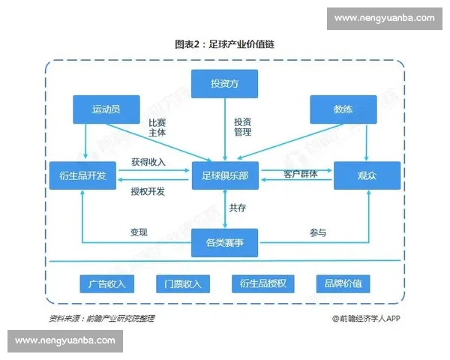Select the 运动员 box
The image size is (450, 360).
click(106, 109)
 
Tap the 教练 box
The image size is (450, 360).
click(343, 109)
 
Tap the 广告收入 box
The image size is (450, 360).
click(106, 283)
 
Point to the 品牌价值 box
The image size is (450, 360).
click(343, 283)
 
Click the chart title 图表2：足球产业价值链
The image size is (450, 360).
click(225, 44)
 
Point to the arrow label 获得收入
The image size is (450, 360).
click(148, 162)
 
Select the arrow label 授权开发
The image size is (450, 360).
click(148, 191)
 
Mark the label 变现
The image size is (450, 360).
click(139, 232)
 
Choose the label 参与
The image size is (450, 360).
click(318, 232)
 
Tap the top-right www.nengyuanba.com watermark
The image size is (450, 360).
click(384, 18)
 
